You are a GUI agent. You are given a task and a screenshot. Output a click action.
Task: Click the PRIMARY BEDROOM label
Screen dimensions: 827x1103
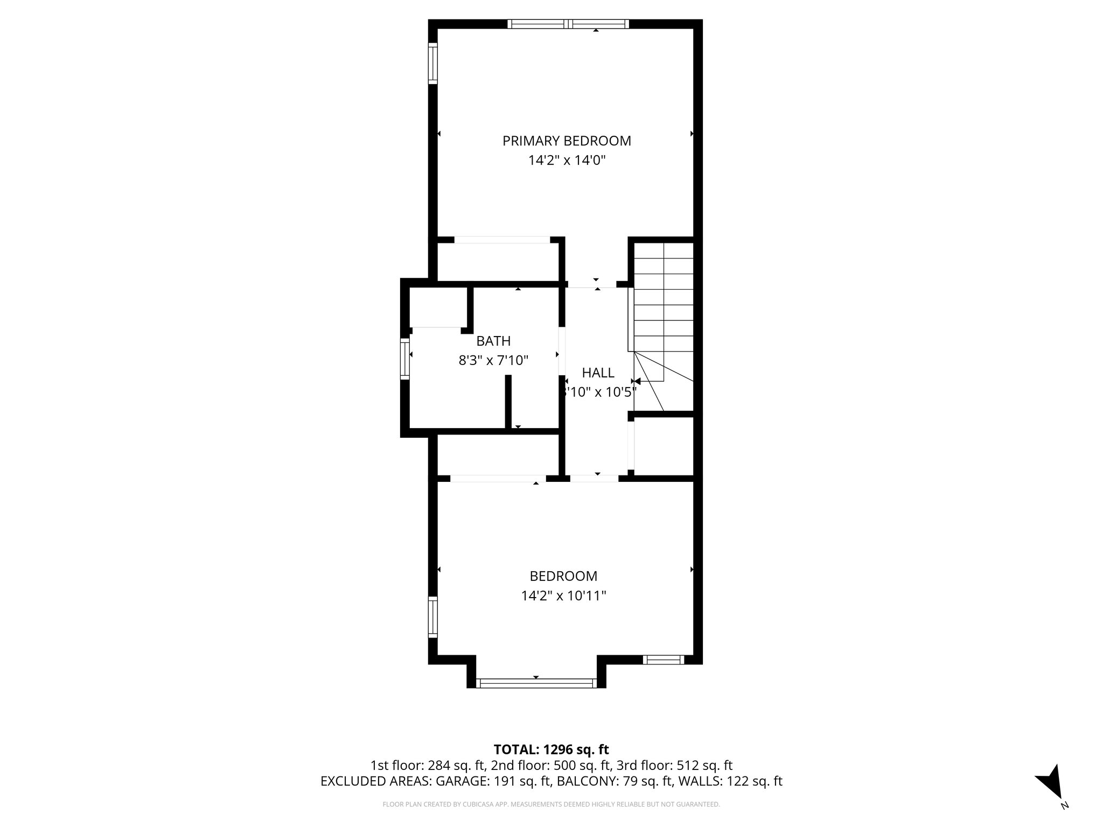(x=567, y=141)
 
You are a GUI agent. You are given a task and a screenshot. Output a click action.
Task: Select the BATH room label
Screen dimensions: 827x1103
(x=493, y=341)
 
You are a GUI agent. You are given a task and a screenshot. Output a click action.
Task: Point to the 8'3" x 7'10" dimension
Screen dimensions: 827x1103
(x=493, y=360)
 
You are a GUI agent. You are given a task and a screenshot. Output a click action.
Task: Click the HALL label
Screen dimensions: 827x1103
(x=598, y=373)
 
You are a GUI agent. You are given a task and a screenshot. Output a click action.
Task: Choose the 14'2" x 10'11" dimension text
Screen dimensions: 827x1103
(x=563, y=596)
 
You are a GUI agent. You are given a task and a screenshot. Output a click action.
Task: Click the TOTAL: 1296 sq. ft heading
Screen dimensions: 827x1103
(x=551, y=749)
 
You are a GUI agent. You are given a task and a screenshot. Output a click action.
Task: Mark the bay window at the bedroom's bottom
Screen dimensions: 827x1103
(x=536, y=683)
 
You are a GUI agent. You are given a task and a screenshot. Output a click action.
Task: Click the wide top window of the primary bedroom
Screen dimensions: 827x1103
(x=568, y=24)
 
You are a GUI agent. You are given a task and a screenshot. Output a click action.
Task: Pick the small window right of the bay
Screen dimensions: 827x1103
(x=664, y=660)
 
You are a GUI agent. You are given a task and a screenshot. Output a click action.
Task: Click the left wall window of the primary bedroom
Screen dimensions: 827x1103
(x=432, y=64)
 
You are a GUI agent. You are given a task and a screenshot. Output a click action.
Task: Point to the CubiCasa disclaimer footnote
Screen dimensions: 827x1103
(x=551, y=804)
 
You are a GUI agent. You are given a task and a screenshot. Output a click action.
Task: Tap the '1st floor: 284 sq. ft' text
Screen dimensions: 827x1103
(x=428, y=766)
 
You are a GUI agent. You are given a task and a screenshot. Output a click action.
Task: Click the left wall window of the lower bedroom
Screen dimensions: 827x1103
(x=432, y=617)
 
